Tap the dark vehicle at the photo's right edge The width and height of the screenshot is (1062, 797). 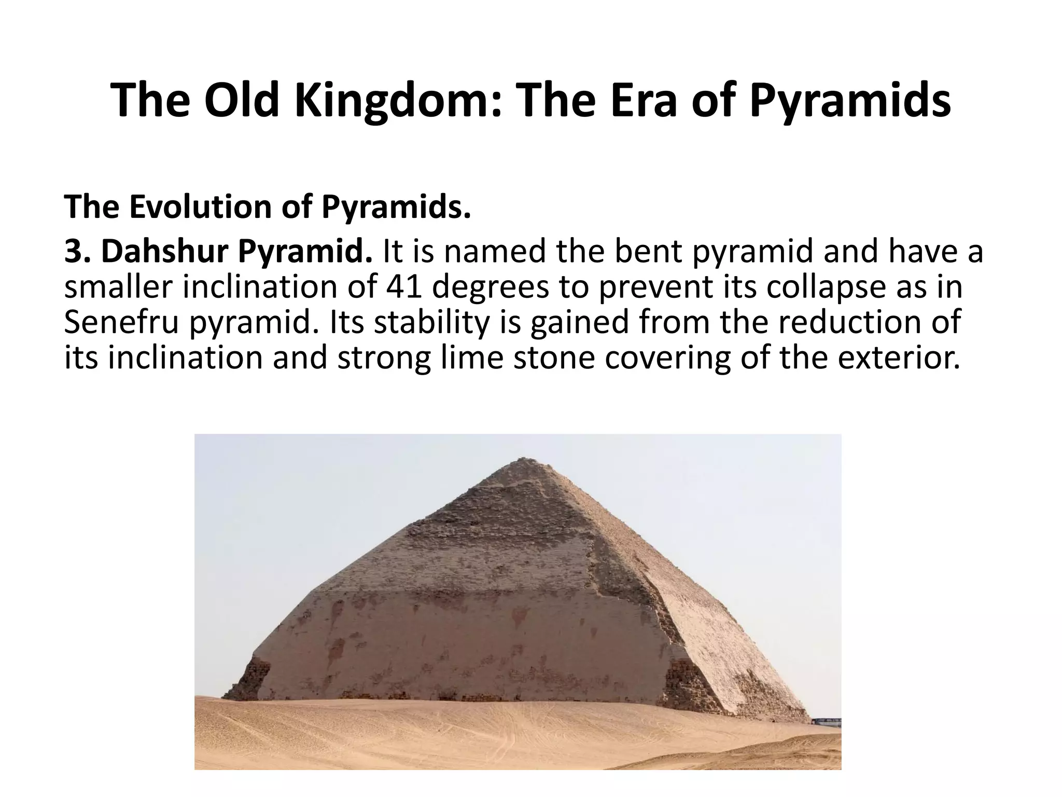827,722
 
